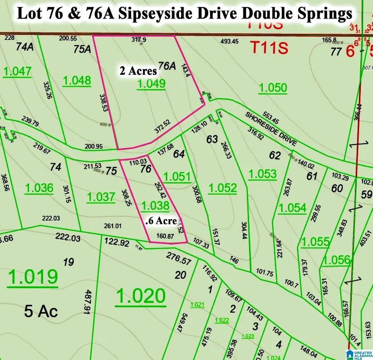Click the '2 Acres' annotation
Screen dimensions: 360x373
(138, 71)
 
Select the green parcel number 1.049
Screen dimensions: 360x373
(151, 84)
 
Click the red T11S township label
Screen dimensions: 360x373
(268, 48)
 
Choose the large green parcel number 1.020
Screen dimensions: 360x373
(141, 296)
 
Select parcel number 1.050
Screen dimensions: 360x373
(272, 87)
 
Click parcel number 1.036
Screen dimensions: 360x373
(39, 188)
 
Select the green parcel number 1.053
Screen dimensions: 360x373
(262, 174)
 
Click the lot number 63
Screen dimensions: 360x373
(212, 139)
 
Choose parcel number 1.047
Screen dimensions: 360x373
(17, 71)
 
